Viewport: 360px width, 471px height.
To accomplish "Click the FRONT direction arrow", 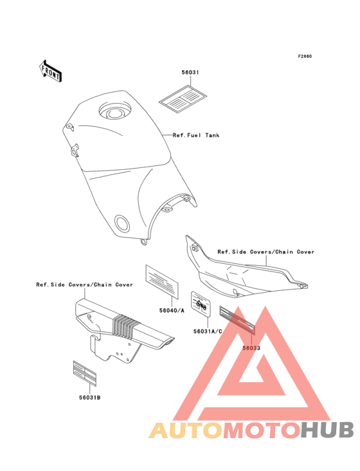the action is [50, 71].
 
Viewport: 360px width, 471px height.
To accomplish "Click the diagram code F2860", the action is [305, 56].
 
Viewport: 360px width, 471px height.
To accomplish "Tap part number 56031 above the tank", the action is [190, 72].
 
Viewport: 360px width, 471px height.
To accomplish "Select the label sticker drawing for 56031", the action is [183, 99].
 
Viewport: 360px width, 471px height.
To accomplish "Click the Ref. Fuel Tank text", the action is [196, 135].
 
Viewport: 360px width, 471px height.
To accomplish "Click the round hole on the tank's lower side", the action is [122, 223].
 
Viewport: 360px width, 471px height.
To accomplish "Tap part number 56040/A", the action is [172, 310].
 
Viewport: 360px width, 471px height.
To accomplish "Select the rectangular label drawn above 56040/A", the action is [162, 282].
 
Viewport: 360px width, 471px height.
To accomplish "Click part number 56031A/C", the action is [208, 331].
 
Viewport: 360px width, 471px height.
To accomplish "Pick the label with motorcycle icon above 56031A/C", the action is [201, 304].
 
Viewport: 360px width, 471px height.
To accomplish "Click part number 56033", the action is [251, 348].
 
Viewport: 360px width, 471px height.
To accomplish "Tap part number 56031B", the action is [90, 398].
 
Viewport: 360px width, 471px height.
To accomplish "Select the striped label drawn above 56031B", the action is [85, 373].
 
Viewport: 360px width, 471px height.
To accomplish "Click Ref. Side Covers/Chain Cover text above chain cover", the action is [84, 284].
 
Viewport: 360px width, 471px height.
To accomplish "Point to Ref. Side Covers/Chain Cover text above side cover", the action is [265, 252].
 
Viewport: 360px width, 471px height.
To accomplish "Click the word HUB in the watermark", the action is [328, 430].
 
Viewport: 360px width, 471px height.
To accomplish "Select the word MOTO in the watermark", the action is [262, 430].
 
